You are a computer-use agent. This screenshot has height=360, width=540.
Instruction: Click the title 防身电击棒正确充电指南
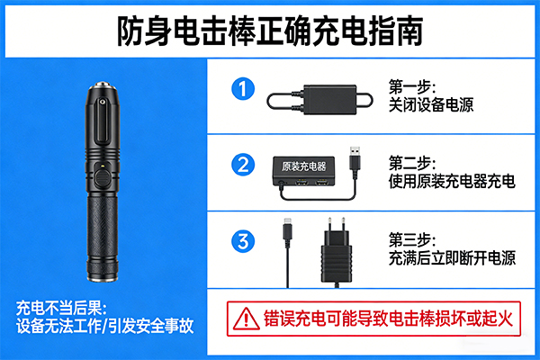[270, 31]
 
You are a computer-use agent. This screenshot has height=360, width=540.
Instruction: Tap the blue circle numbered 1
[243, 88]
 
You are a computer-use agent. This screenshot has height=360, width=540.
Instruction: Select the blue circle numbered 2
[243, 165]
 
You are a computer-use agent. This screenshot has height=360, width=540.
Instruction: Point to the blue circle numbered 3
[243, 241]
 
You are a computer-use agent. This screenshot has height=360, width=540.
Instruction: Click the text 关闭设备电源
[431, 104]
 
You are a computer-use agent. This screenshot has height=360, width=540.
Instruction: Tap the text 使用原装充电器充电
[452, 181]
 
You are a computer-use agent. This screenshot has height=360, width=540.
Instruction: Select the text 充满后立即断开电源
[452, 258]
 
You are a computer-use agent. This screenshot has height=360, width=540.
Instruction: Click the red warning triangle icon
[246, 319]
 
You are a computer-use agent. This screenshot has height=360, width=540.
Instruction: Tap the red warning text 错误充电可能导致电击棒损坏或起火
[388, 319]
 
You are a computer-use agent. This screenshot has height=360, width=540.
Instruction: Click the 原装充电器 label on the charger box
[304, 166]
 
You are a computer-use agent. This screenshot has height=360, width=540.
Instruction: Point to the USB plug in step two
[355, 158]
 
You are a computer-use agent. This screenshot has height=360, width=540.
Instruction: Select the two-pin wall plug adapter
[337, 253]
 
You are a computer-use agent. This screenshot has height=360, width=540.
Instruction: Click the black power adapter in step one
[330, 100]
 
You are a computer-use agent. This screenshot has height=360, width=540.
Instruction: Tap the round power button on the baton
[102, 178]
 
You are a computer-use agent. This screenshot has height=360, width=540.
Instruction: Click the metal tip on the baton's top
[103, 85]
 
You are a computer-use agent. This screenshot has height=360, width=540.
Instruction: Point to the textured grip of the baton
[103, 228]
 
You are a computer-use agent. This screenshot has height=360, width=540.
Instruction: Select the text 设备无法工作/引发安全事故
[104, 326]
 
